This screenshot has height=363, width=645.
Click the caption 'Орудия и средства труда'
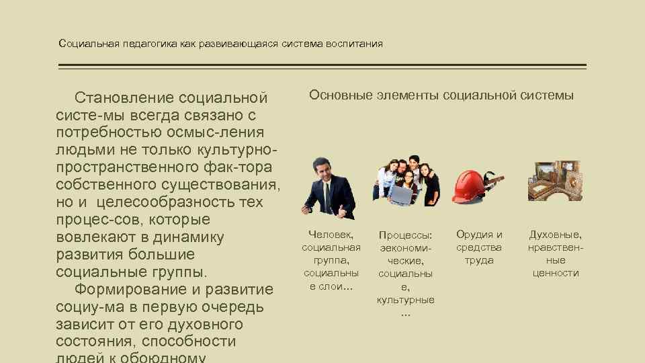[479, 247]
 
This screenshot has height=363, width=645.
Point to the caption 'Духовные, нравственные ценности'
[556, 253]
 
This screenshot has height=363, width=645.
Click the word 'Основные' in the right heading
[339, 95]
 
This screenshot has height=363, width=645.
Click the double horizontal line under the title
[322, 67]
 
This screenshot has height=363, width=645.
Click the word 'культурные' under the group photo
[405, 299]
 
